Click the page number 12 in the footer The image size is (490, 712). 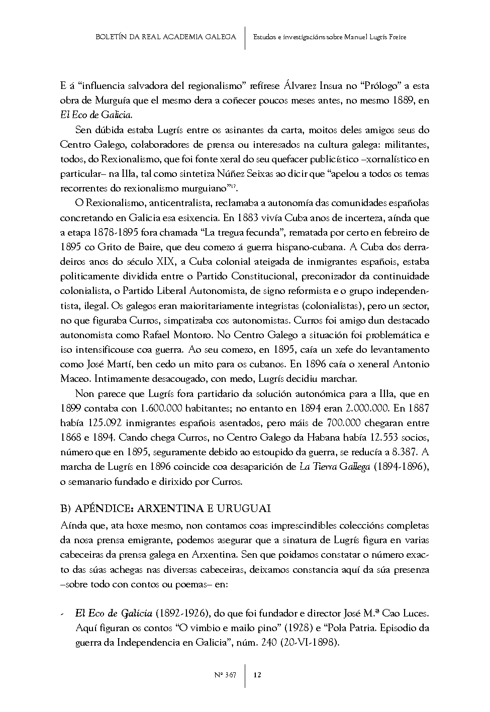[257, 675]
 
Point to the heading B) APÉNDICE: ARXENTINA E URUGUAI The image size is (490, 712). [165, 508]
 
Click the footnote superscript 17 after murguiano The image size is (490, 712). [234, 186]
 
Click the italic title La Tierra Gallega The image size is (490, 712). [335, 467]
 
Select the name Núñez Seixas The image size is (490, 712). [233, 174]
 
